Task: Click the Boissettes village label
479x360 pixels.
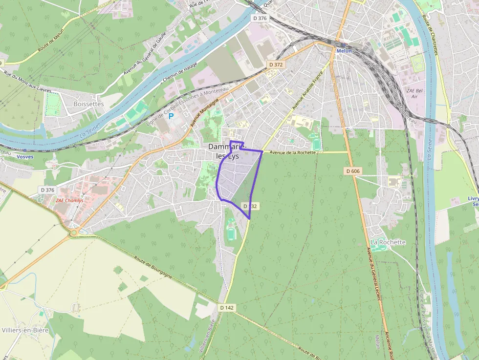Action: (88, 104)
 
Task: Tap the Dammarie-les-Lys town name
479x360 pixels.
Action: (226, 151)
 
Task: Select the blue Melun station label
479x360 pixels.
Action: (344, 51)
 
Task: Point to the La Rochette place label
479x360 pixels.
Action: (388, 242)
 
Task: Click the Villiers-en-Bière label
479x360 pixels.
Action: (24, 330)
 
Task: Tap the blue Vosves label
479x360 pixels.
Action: (25, 157)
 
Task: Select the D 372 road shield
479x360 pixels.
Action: (276, 64)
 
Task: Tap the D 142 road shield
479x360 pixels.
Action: (227, 308)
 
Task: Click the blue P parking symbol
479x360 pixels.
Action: (171, 117)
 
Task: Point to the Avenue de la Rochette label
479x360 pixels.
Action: (293, 153)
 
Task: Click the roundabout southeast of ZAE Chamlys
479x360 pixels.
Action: (75, 233)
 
